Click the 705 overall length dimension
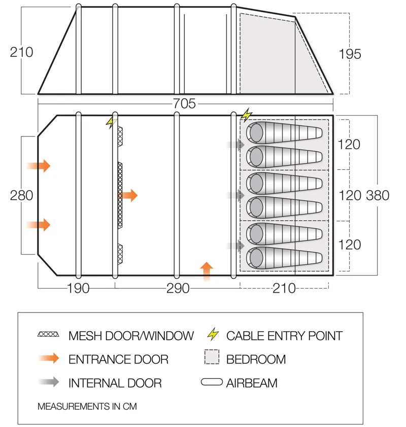[184, 104]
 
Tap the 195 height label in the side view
[350, 54]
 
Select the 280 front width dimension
[21, 195]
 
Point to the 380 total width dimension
[378, 195]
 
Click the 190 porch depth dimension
[78, 289]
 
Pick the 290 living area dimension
[178, 289]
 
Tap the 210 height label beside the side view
[21, 52]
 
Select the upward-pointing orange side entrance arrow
[207, 271]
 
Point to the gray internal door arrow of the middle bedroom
[236, 195]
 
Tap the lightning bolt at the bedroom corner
[247, 115]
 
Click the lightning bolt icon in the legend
[214, 335]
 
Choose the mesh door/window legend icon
[49, 335]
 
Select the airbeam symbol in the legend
[212, 383]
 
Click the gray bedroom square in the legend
[212, 358]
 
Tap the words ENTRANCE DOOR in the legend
[118, 360]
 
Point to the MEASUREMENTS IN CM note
[87, 406]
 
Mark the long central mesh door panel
[120, 195]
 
